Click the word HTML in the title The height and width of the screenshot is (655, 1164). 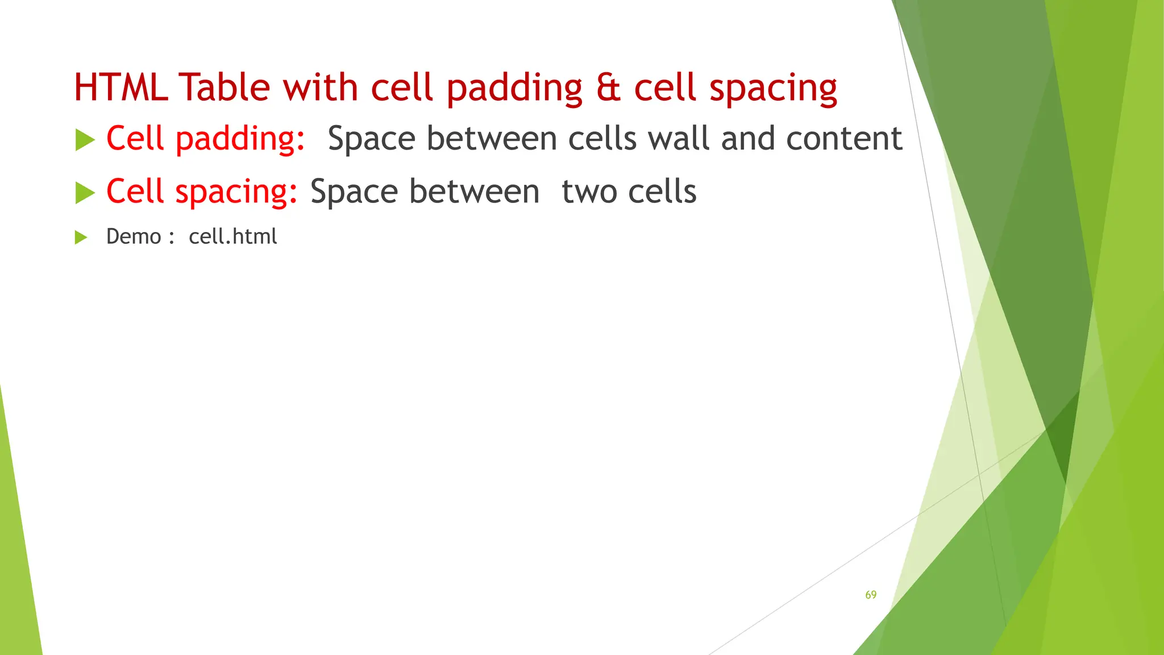click(121, 88)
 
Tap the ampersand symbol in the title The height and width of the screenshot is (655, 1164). click(608, 89)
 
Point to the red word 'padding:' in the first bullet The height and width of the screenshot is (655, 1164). click(240, 140)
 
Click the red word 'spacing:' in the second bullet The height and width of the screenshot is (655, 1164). click(236, 192)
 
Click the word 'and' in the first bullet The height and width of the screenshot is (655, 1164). click(748, 139)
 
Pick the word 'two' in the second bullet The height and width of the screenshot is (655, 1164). click(589, 192)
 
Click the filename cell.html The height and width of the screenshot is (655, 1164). click(233, 237)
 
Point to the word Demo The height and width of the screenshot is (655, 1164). click(134, 237)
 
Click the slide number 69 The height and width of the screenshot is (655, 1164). click(871, 595)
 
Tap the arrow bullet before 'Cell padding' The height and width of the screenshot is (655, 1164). click(85, 140)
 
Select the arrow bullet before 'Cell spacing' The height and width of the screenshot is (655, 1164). click(85, 193)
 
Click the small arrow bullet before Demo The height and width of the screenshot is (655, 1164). click(81, 237)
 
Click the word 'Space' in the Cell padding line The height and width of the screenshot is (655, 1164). click(372, 140)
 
